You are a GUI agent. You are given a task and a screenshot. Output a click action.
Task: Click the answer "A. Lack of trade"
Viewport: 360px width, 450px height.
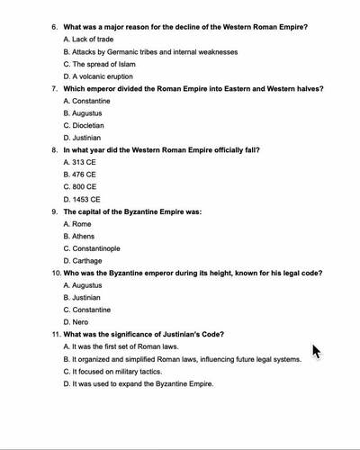tap(88, 40)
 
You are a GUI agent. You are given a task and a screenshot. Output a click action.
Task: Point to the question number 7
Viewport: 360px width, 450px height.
tap(54, 89)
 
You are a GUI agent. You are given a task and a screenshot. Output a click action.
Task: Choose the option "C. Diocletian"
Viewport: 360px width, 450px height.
tap(84, 126)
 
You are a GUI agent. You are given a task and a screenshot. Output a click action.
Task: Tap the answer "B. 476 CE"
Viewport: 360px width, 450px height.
tap(80, 175)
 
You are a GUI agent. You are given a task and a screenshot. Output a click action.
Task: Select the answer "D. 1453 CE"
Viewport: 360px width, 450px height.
tap(82, 199)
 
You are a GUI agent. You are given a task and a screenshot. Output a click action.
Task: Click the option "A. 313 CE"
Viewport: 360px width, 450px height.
tap(80, 162)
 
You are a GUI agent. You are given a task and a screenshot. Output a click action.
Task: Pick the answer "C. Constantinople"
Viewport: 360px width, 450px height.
tap(92, 248)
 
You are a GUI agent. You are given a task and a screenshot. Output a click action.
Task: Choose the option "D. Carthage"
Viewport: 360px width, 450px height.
tap(84, 261)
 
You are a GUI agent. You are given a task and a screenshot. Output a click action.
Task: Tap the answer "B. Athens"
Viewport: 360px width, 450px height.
tap(79, 236)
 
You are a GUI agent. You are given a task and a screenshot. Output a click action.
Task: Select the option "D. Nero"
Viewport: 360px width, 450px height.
tap(76, 322)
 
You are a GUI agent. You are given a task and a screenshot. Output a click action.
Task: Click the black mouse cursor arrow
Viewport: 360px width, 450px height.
tap(316, 350)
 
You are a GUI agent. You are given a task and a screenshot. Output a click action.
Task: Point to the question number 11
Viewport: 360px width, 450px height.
tap(55, 335)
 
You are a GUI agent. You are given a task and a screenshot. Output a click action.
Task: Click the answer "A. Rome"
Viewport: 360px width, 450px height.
tap(77, 223)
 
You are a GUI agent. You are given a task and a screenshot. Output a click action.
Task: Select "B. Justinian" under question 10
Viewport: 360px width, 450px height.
tap(83, 297)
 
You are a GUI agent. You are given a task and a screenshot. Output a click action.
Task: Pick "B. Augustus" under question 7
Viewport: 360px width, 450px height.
tap(83, 113)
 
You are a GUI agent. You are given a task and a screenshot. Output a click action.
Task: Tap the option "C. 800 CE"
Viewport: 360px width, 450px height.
tap(80, 187)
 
